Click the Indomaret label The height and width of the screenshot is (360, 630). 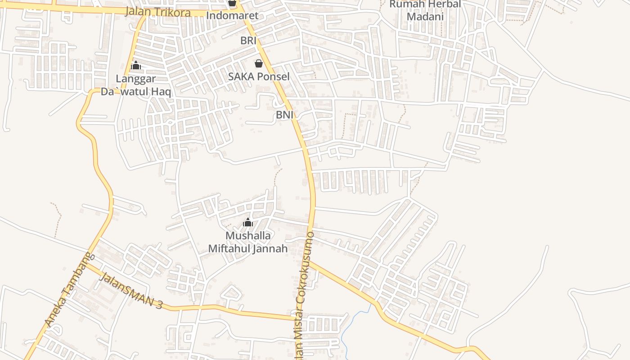232,16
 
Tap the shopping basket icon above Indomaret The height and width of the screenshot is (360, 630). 232,3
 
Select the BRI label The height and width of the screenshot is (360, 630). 248,40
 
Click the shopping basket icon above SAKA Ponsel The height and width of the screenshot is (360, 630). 258,63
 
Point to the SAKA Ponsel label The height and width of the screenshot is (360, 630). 259,76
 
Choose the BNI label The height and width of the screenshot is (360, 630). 284,115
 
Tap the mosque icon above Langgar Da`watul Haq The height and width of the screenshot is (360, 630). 135,66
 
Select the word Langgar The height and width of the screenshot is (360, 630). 136,79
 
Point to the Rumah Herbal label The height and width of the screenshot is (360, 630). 425,4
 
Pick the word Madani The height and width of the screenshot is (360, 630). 425,17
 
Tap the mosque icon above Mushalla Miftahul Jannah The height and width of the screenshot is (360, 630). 247,222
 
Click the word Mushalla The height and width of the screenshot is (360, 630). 248,236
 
